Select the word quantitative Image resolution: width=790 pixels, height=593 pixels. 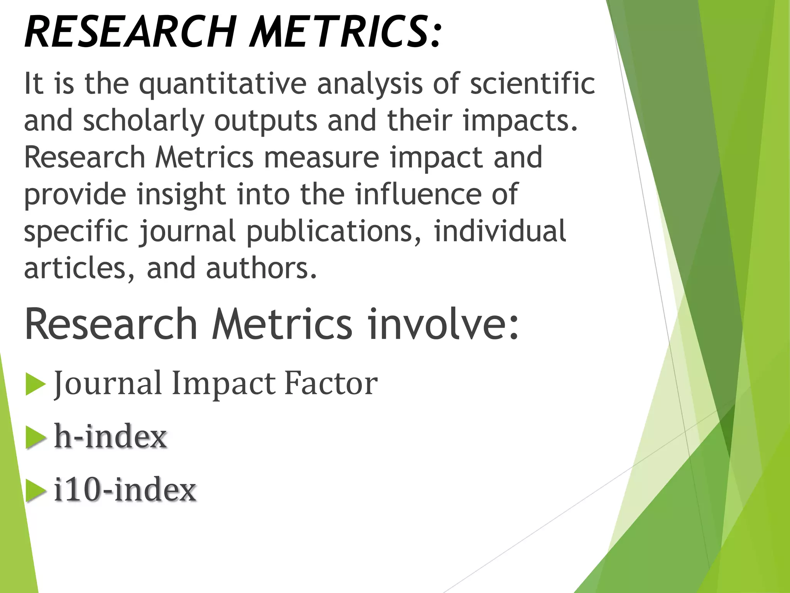223,84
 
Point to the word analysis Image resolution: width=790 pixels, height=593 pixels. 370,84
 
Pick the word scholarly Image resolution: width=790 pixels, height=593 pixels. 143,120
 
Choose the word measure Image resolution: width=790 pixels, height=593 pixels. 321,158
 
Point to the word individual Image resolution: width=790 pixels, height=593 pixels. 500,231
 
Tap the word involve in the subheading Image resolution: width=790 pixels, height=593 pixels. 443,324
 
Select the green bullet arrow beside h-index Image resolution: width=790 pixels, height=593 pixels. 35,438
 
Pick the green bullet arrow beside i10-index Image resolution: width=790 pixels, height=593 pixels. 35,491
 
